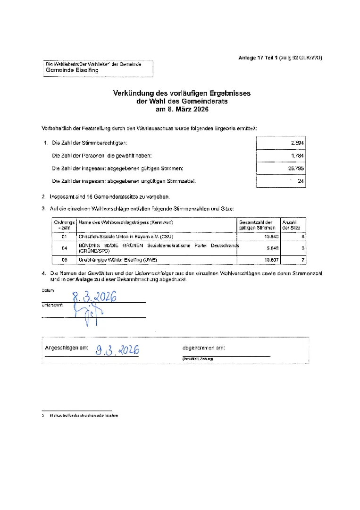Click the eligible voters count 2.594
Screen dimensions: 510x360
297,143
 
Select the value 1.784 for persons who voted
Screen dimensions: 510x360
297,155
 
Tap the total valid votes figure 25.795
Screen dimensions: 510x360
296,168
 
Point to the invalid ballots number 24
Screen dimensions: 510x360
301,181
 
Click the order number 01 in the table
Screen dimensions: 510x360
65,236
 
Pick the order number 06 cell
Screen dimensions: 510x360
65,260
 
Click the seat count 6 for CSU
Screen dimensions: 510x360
302,236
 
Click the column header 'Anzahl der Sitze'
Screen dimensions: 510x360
291,225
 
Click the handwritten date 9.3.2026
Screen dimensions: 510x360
117,350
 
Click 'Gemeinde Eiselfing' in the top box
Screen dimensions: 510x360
72,70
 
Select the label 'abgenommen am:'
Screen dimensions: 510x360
203,348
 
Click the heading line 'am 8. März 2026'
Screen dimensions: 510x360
182,109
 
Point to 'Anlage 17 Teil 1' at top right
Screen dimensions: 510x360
259,58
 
